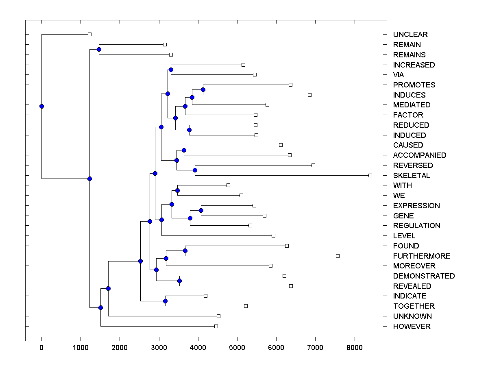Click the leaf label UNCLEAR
pos(410,35)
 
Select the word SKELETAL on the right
pos(411,176)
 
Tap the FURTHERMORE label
pos(421,256)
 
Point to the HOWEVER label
pos(412,327)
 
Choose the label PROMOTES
pos(414,85)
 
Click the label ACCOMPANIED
pos(419,155)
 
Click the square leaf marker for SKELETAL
pos(370,175)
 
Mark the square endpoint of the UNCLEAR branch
pos(90,35)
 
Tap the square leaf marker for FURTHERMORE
pos(338,256)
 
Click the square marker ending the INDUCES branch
pos(309,95)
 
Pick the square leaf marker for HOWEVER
pos(216,326)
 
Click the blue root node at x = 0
pos(41,107)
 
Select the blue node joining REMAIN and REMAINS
pos(99,49)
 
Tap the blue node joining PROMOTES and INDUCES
pos(203,89)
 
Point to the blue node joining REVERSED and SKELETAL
pos(195,170)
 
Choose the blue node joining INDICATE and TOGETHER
pos(165,301)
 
